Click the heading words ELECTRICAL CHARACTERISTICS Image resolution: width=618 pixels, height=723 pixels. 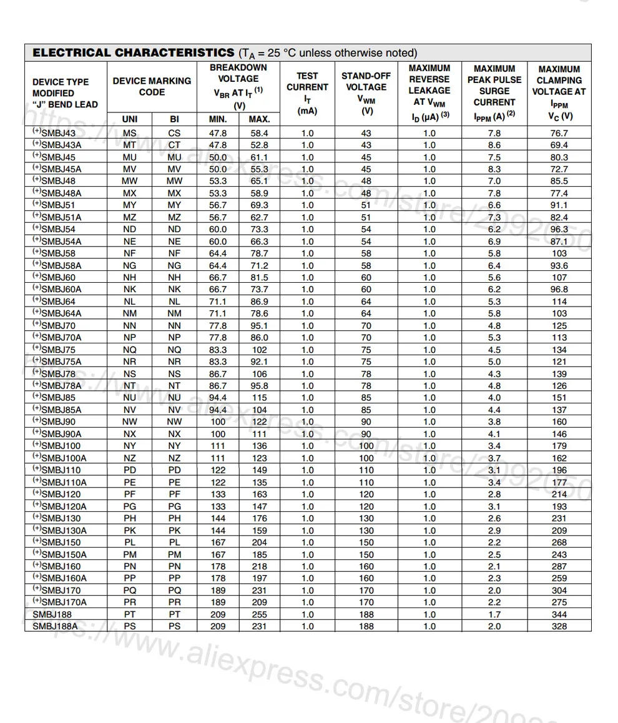tap(133, 52)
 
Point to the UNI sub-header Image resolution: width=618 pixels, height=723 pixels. tap(129, 119)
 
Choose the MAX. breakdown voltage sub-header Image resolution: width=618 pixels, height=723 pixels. tap(259, 119)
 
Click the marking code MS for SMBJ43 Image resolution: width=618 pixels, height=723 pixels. tap(129, 133)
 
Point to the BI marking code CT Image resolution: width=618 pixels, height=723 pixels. tap(175, 145)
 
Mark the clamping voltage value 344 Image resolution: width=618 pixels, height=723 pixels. tap(559, 614)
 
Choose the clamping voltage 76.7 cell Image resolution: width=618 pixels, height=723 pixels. tap(559, 133)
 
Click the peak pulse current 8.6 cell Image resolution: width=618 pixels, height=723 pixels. tap(494, 145)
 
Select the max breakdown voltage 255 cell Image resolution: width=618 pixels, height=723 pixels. tap(259, 614)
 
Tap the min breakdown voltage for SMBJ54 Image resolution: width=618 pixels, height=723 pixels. tap(218, 229)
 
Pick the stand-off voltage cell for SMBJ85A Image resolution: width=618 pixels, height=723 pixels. tap(366, 410)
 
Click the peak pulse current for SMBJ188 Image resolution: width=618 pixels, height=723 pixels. tap(494, 614)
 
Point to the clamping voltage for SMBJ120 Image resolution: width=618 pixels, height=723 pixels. tap(559, 494)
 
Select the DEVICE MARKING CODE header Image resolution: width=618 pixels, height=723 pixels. tap(152, 86)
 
